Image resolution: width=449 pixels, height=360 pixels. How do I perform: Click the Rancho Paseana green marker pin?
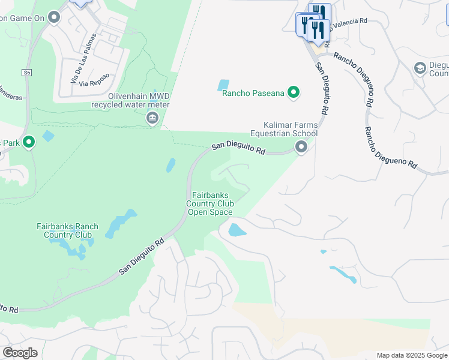[x=294, y=92]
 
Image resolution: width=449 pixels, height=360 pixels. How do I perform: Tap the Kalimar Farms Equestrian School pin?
[x=301, y=147]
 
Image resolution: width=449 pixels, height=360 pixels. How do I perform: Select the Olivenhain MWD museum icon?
[x=152, y=118]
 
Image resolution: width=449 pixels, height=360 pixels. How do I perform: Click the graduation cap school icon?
[x=420, y=68]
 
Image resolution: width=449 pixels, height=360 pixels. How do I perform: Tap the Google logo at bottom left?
[x=20, y=353]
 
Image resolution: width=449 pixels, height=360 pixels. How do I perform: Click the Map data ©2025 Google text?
[x=411, y=355]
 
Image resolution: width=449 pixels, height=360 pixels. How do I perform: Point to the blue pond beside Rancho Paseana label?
[x=223, y=85]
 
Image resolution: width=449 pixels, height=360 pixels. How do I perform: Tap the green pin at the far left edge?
[x=28, y=142]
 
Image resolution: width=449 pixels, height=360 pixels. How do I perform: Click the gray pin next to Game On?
[x=55, y=17]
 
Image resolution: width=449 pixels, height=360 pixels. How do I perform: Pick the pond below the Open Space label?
[x=237, y=230]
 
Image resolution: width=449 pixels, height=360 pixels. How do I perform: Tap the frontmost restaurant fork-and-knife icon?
[x=318, y=30]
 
